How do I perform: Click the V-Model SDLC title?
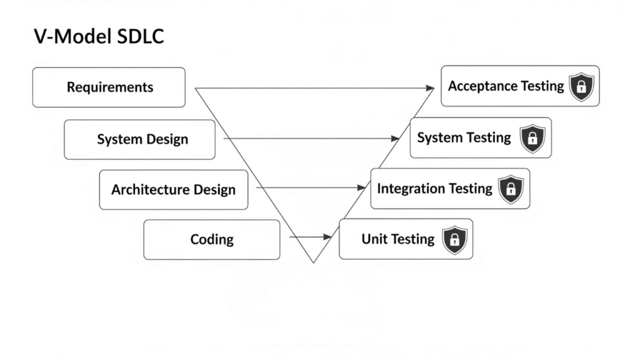(98, 36)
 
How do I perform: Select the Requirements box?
(109, 87)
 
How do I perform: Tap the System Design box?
(139, 139)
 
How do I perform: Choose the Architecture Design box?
(173, 189)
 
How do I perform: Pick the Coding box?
(211, 239)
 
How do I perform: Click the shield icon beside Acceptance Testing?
(581, 86)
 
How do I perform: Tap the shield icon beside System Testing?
(532, 138)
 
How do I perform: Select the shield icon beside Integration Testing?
(511, 189)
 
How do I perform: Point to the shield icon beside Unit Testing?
(454, 239)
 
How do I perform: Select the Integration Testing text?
(434, 189)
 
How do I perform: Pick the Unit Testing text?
(397, 239)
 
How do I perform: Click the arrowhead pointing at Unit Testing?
(327, 237)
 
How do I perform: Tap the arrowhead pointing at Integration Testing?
(361, 187)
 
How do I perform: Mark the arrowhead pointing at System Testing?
(396, 138)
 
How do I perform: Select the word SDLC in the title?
(140, 36)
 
